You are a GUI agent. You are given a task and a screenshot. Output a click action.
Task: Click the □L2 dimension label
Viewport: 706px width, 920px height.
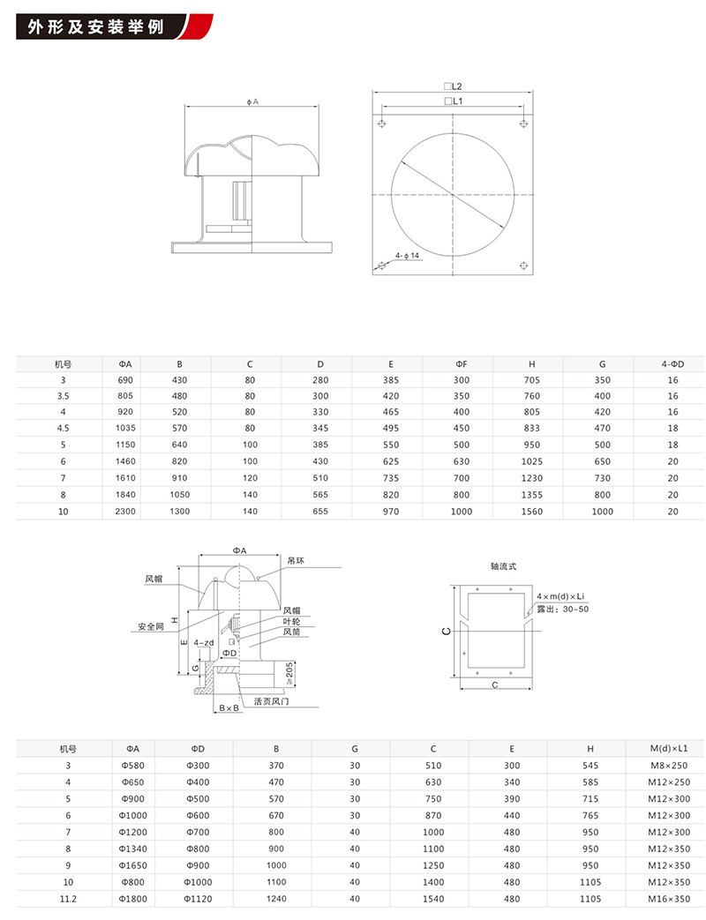point(454,86)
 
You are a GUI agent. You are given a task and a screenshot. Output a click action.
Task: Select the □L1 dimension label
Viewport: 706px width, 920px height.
point(454,102)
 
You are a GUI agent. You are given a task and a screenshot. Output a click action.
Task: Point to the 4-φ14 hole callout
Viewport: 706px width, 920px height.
point(407,254)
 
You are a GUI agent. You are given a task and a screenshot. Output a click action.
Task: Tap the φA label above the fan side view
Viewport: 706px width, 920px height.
point(253,102)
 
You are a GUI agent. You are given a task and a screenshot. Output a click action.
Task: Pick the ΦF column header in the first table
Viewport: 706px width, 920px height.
point(461,363)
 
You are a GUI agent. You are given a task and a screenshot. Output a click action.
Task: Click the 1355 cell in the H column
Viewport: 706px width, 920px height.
point(532,495)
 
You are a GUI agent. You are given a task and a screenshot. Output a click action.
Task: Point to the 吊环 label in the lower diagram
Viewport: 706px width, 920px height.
point(296,559)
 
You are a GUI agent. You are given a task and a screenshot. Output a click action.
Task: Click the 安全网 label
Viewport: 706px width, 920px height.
point(151,626)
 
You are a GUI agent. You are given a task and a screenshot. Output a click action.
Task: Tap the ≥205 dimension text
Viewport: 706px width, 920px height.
point(292,674)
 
